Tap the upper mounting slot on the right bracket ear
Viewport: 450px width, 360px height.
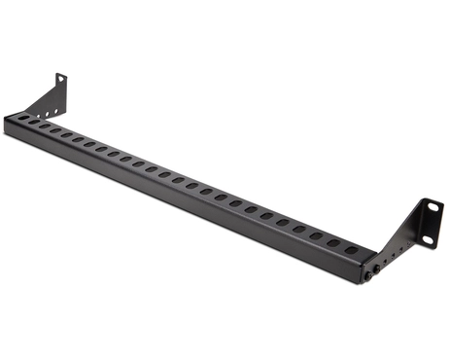point(426,206)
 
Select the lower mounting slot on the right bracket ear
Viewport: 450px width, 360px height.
point(427,237)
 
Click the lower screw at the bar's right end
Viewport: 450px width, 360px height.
point(370,276)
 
